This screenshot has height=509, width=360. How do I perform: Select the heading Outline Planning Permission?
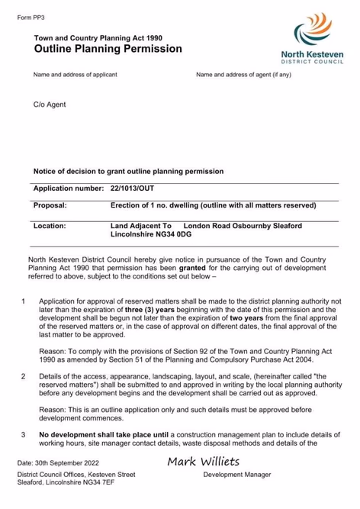[108, 49]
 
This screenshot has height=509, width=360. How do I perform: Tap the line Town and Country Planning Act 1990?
[98, 36]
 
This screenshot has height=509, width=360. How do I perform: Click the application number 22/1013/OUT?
[132, 188]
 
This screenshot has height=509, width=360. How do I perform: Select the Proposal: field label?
[50, 205]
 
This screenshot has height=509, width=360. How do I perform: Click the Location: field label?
[50, 226]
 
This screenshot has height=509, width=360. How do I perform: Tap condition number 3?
[24, 434]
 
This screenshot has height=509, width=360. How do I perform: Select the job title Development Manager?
[236, 475]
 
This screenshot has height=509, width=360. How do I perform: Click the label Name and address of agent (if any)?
[243, 75]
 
